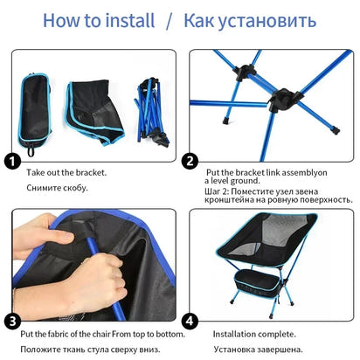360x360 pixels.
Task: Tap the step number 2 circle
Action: (x=189, y=161)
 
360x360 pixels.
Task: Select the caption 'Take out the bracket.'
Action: (x=66, y=173)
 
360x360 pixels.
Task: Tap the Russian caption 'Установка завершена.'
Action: (x=253, y=350)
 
